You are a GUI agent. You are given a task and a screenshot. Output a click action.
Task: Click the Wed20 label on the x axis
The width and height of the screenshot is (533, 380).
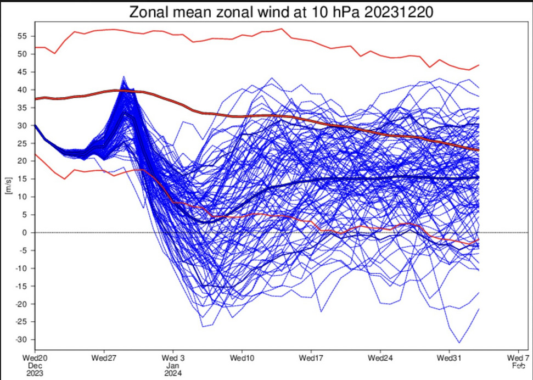[35, 358]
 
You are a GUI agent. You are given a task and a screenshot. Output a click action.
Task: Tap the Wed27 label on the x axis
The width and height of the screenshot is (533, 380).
[104, 358]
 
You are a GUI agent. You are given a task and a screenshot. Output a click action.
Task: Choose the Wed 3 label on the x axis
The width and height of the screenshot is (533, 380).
[173, 358]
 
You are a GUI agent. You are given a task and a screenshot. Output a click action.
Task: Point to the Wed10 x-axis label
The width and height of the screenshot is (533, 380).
[242, 358]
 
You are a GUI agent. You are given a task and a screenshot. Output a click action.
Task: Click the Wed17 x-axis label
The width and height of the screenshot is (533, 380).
[311, 358]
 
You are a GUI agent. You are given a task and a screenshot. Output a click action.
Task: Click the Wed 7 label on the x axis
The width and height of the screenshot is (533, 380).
[519, 358]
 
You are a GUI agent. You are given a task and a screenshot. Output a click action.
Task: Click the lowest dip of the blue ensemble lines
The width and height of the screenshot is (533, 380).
[459, 343]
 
